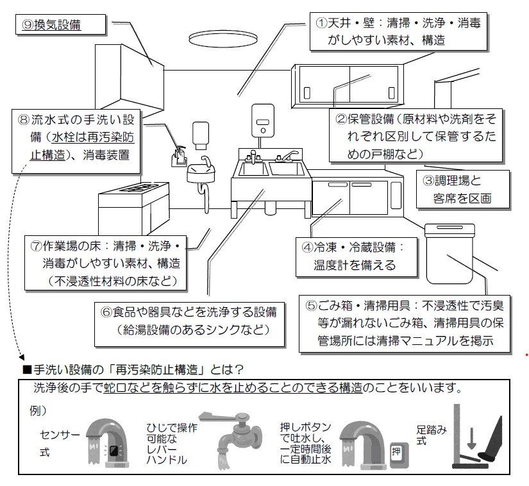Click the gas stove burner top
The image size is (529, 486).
(134, 189)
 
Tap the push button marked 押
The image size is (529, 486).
(394, 450)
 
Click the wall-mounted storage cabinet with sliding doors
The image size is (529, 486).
(348, 86)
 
